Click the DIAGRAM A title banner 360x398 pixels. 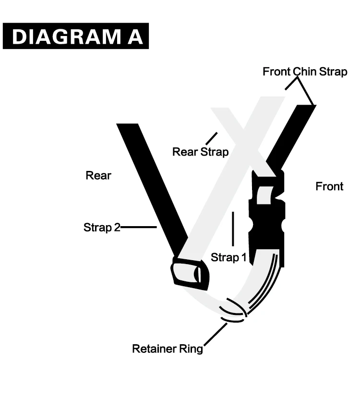point(76,36)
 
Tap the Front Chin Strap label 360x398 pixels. point(305,72)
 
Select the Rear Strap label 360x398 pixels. point(200,152)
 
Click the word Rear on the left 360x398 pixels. point(98,175)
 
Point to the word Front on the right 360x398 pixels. point(329,186)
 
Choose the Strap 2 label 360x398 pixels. point(102,227)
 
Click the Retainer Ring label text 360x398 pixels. point(168,349)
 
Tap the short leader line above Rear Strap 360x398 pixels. point(211,138)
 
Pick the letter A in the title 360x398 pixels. point(136,37)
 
